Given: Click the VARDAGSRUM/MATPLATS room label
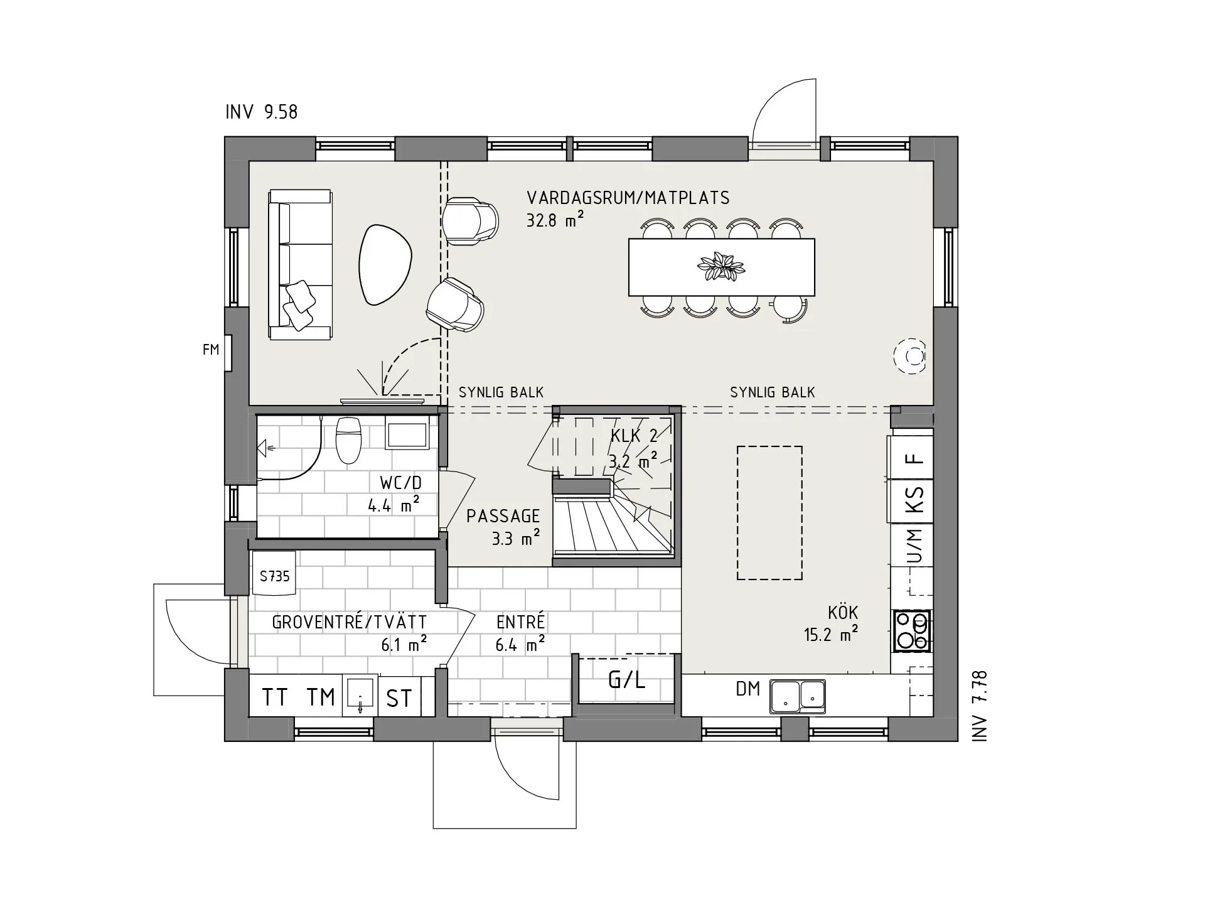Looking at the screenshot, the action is pos(628,198).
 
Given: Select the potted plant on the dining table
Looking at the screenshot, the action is pos(721,267).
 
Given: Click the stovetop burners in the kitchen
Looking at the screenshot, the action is pos(912,630).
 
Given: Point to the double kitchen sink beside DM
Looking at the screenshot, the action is pos(798,696).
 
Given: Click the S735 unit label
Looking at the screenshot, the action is pos(275,576).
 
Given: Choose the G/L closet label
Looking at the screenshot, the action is pos(626,680).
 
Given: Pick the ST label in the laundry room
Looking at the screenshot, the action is pos(399,699).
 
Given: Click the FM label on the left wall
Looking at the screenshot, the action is pos(211,350).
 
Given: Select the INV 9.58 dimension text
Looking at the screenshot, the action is pos(262,112).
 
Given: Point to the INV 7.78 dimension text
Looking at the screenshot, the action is pos(980,706).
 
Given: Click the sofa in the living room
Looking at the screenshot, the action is pos(300,265).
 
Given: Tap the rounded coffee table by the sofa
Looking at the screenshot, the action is pos(385,265).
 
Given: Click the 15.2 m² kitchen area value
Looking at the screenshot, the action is pos(831,635).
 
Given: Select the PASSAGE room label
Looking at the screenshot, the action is pos(503,516).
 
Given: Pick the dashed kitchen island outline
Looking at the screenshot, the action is pos(769,513).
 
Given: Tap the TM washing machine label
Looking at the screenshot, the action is pos(321,697).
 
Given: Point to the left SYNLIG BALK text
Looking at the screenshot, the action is pos(501,393).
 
